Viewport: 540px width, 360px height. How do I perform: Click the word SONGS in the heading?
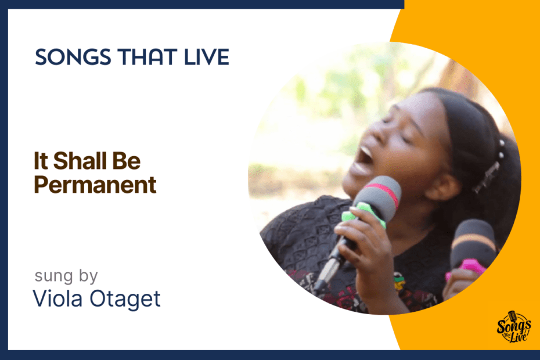tap(73, 57)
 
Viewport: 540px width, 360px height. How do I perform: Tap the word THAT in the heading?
tap(147, 57)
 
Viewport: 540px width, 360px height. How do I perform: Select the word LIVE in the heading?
tap(207, 57)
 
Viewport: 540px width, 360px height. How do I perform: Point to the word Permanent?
tap(95, 185)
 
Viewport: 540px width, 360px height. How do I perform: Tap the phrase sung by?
tap(66, 276)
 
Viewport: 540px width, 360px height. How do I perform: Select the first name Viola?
tap(57, 298)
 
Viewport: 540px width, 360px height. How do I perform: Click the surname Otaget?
tap(125, 298)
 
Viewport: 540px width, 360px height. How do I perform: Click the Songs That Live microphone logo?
tap(513, 327)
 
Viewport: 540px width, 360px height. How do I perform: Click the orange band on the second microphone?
tap(474, 241)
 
